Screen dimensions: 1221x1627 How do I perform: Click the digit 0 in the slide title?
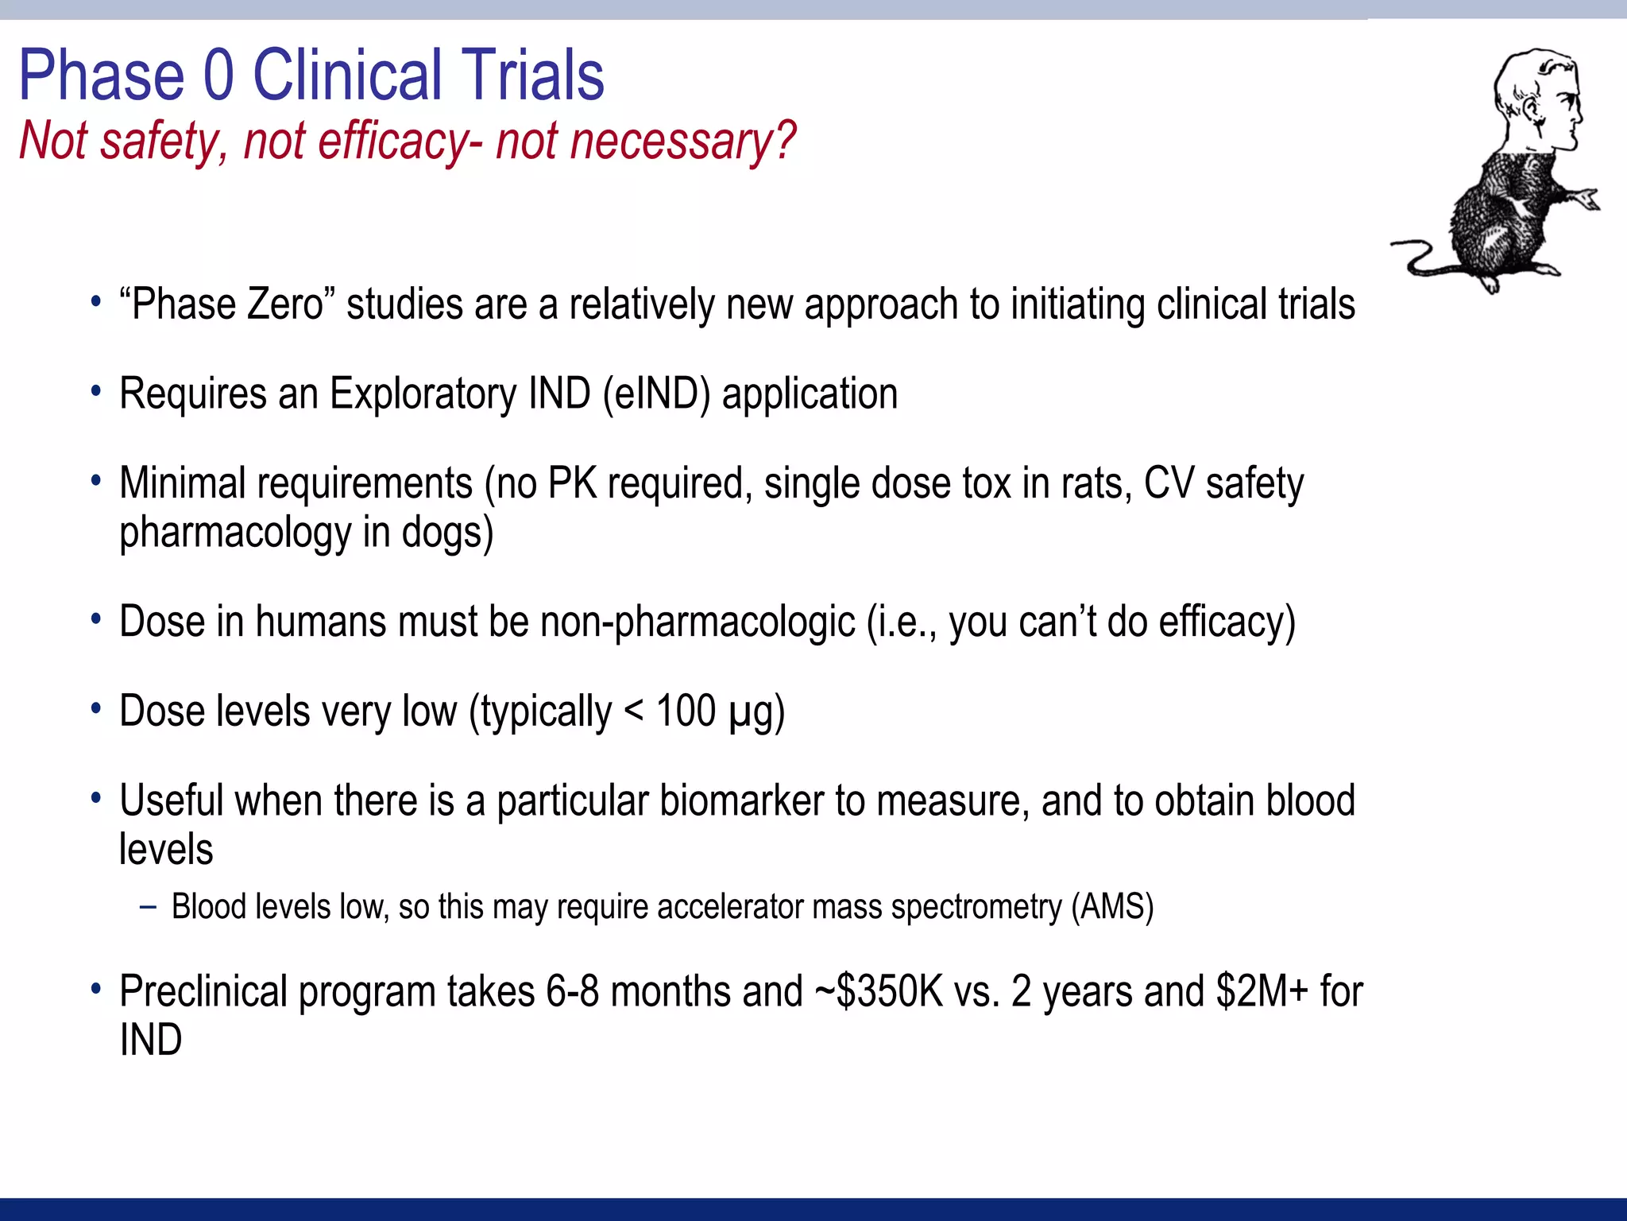pos(219,76)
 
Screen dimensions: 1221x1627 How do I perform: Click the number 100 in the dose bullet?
pos(686,711)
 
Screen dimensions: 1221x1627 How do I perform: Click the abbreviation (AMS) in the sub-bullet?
pos(1112,907)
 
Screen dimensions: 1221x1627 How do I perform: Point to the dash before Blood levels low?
pos(148,907)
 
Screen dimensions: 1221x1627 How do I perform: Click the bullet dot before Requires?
pos(96,391)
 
